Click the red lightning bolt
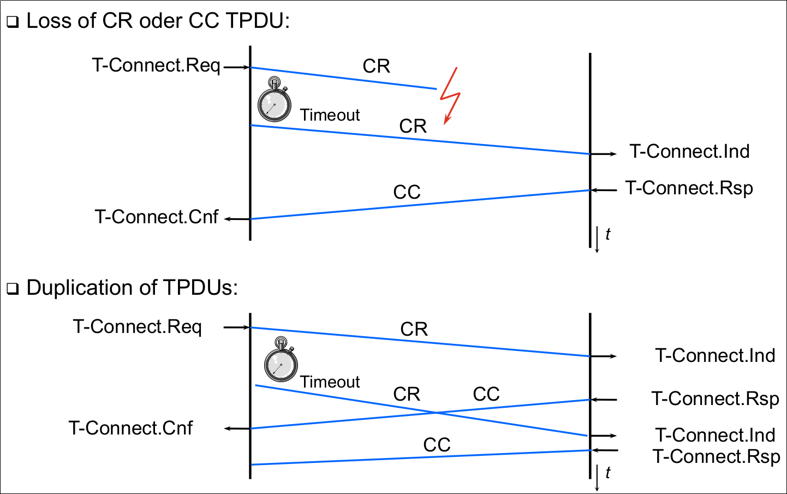point(451,96)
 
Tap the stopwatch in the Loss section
point(274,102)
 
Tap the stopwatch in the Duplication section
point(281,361)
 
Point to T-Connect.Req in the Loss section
point(156,66)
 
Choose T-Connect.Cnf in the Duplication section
point(130,428)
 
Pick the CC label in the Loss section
point(407,192)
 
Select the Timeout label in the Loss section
point(330,115)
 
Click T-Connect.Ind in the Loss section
point(689,151)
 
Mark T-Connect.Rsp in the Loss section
point(689,188)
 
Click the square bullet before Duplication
point(13,289)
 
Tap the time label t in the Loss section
point(607,234)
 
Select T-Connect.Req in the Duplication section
point(138,327)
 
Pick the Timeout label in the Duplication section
point(330,382)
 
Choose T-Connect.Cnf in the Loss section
point(157,217)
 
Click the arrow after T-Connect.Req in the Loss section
point(236,67)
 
